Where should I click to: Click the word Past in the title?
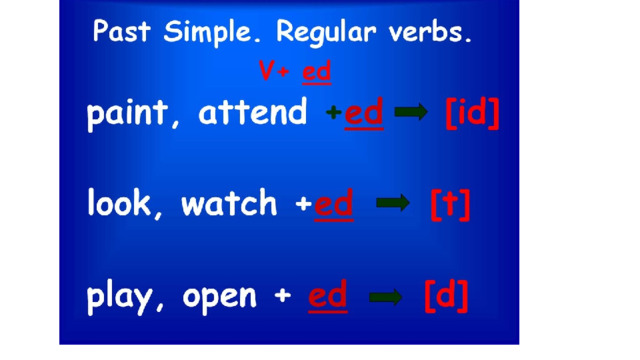(x=122, y=31)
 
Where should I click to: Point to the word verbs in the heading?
(x=430, y=32)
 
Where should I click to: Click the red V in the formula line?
(x=267, y=71)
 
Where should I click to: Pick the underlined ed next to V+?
(x=317, y=72)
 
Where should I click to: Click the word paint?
(x=127, y=113)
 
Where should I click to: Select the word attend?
(x=252, y=111)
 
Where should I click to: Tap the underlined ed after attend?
(x=364, y=112)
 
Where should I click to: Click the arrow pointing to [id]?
(x=411, y=112)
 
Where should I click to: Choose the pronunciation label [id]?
(x=472, y=113)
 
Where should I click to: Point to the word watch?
(x=229, y=202)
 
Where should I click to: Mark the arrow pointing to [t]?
(x=393, y=202)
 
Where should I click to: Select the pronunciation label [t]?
(x=451, y=205)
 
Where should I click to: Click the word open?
(x=220, y=298)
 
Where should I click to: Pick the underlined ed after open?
(x=328, y=296)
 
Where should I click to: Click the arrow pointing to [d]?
(x=385, y=297)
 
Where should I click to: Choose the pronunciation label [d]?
(x=446, y=296)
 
